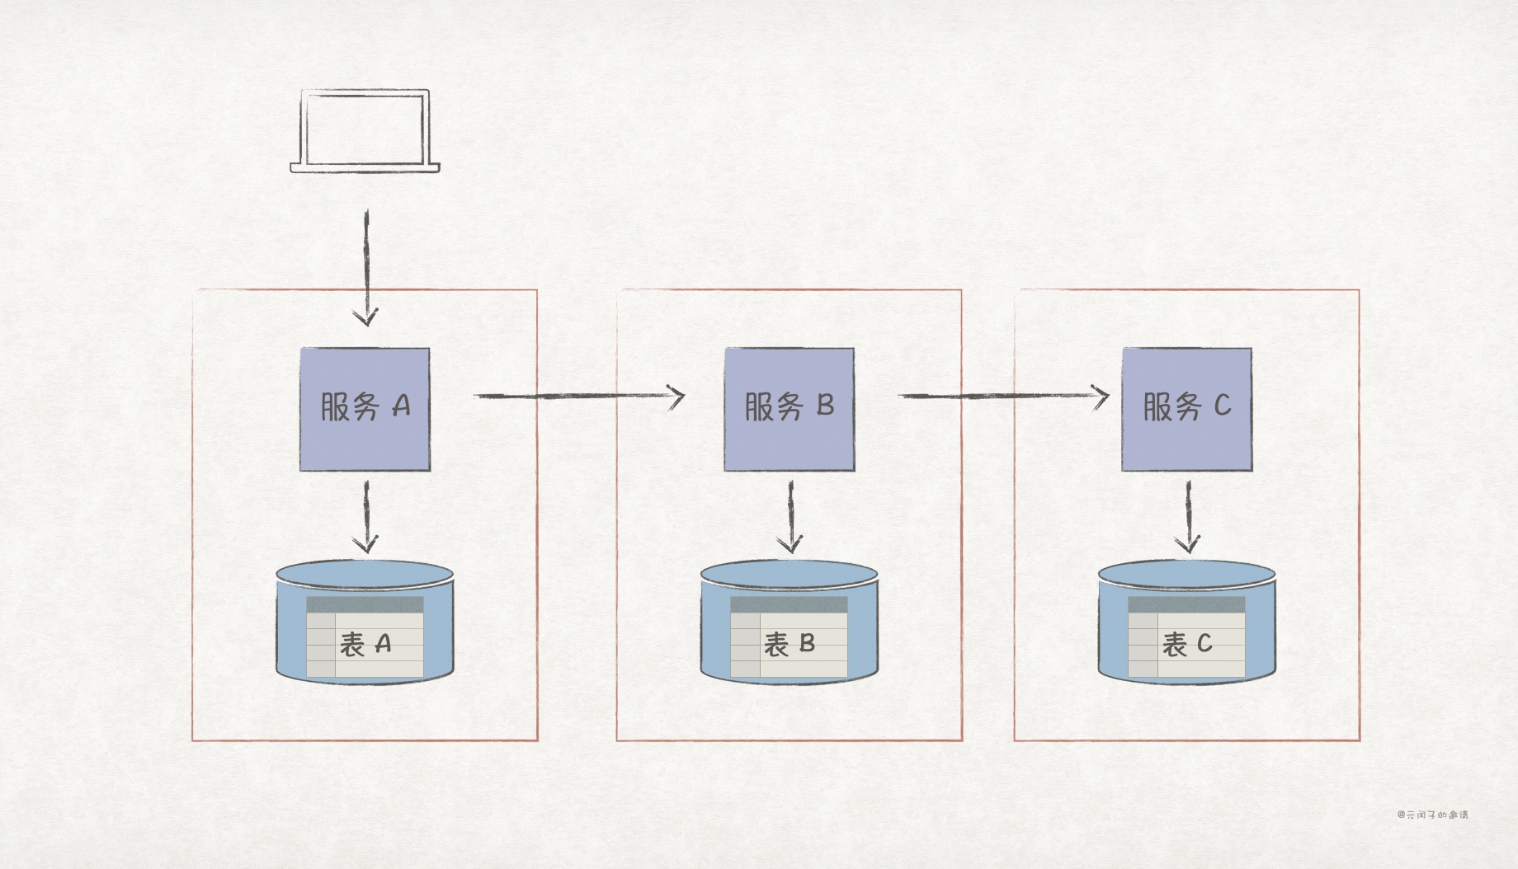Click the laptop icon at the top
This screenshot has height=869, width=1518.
tap(365, 130)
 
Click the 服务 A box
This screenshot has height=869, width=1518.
tap(365, 409)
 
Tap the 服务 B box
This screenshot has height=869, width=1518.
tap(790, 409)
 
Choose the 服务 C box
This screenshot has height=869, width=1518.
tap(1186, 409)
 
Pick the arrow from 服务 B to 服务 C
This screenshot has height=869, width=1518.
tap(1003, 397)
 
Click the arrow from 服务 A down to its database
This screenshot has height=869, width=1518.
tap(366, 516)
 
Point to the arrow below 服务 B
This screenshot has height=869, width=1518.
tap(790, 516)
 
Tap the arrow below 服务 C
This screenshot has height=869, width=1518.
tap(1188, 516)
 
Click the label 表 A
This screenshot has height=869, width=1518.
tap(365, 644)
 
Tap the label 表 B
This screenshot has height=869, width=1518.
tap(790, 644)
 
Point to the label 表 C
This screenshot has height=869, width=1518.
tap(1187, 644)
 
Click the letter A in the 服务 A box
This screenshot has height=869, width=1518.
tap(401, 406)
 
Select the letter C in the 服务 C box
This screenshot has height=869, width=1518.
tap(1222, 406)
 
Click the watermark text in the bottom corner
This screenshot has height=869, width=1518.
tap(1432, 815)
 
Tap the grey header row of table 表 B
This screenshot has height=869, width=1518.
tap(789, 605)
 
